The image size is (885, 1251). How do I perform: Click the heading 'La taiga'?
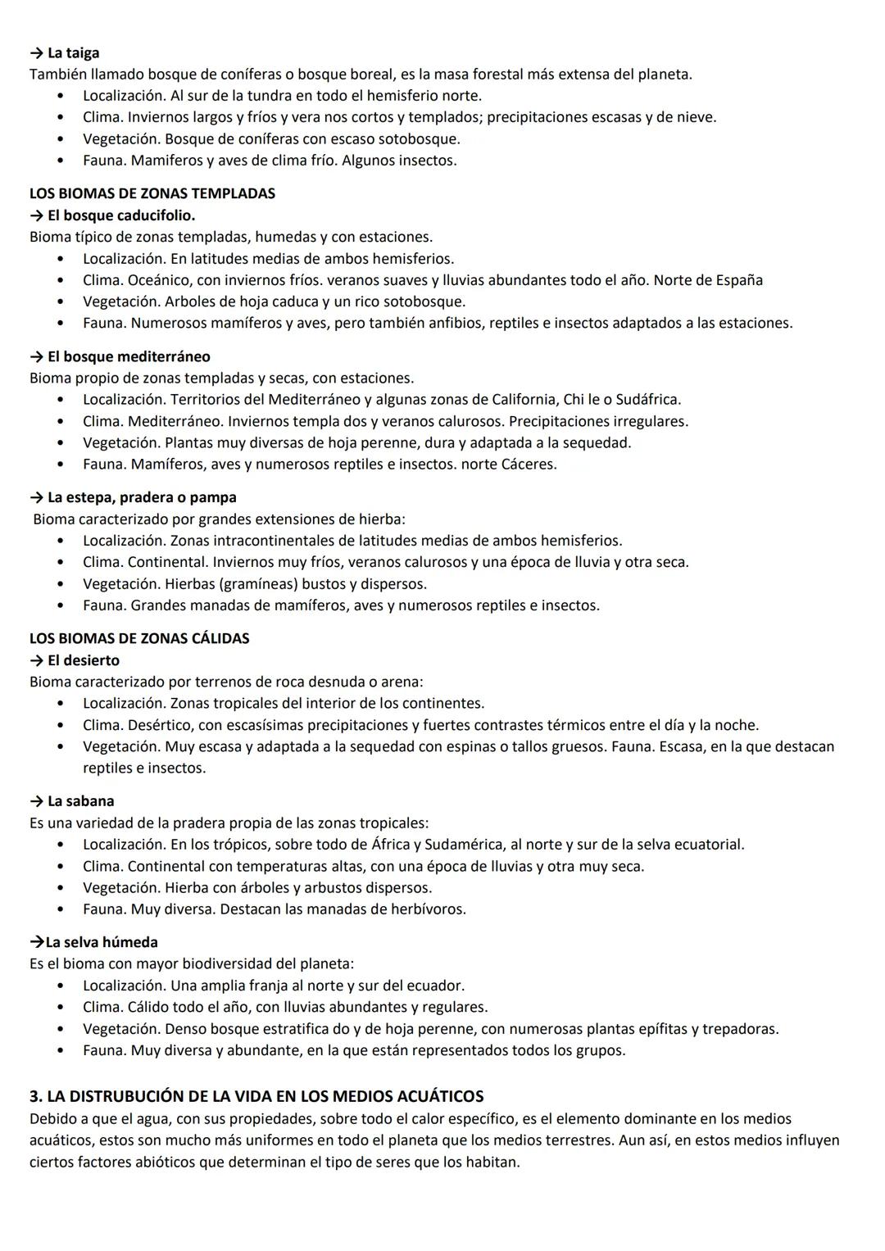click(73, 53)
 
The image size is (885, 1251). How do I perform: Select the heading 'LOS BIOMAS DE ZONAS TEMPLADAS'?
click(152, 194)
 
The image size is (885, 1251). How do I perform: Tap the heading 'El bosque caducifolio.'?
click(121, 215)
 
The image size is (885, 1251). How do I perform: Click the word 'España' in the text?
click(739, 280)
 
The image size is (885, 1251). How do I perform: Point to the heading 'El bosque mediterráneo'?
click(129, 357)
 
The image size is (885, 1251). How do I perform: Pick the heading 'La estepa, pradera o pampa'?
click(142, 498)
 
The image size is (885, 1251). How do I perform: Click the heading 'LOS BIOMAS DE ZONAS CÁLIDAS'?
click(139, 639)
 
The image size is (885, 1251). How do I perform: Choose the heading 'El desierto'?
click(84, 660)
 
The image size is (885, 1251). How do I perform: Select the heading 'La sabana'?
click(80, 801)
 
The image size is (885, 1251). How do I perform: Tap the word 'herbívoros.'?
click(426, 909)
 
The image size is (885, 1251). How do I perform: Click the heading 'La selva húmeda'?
click(101, 942)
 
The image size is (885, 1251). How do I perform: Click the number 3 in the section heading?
click(34, 1096)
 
